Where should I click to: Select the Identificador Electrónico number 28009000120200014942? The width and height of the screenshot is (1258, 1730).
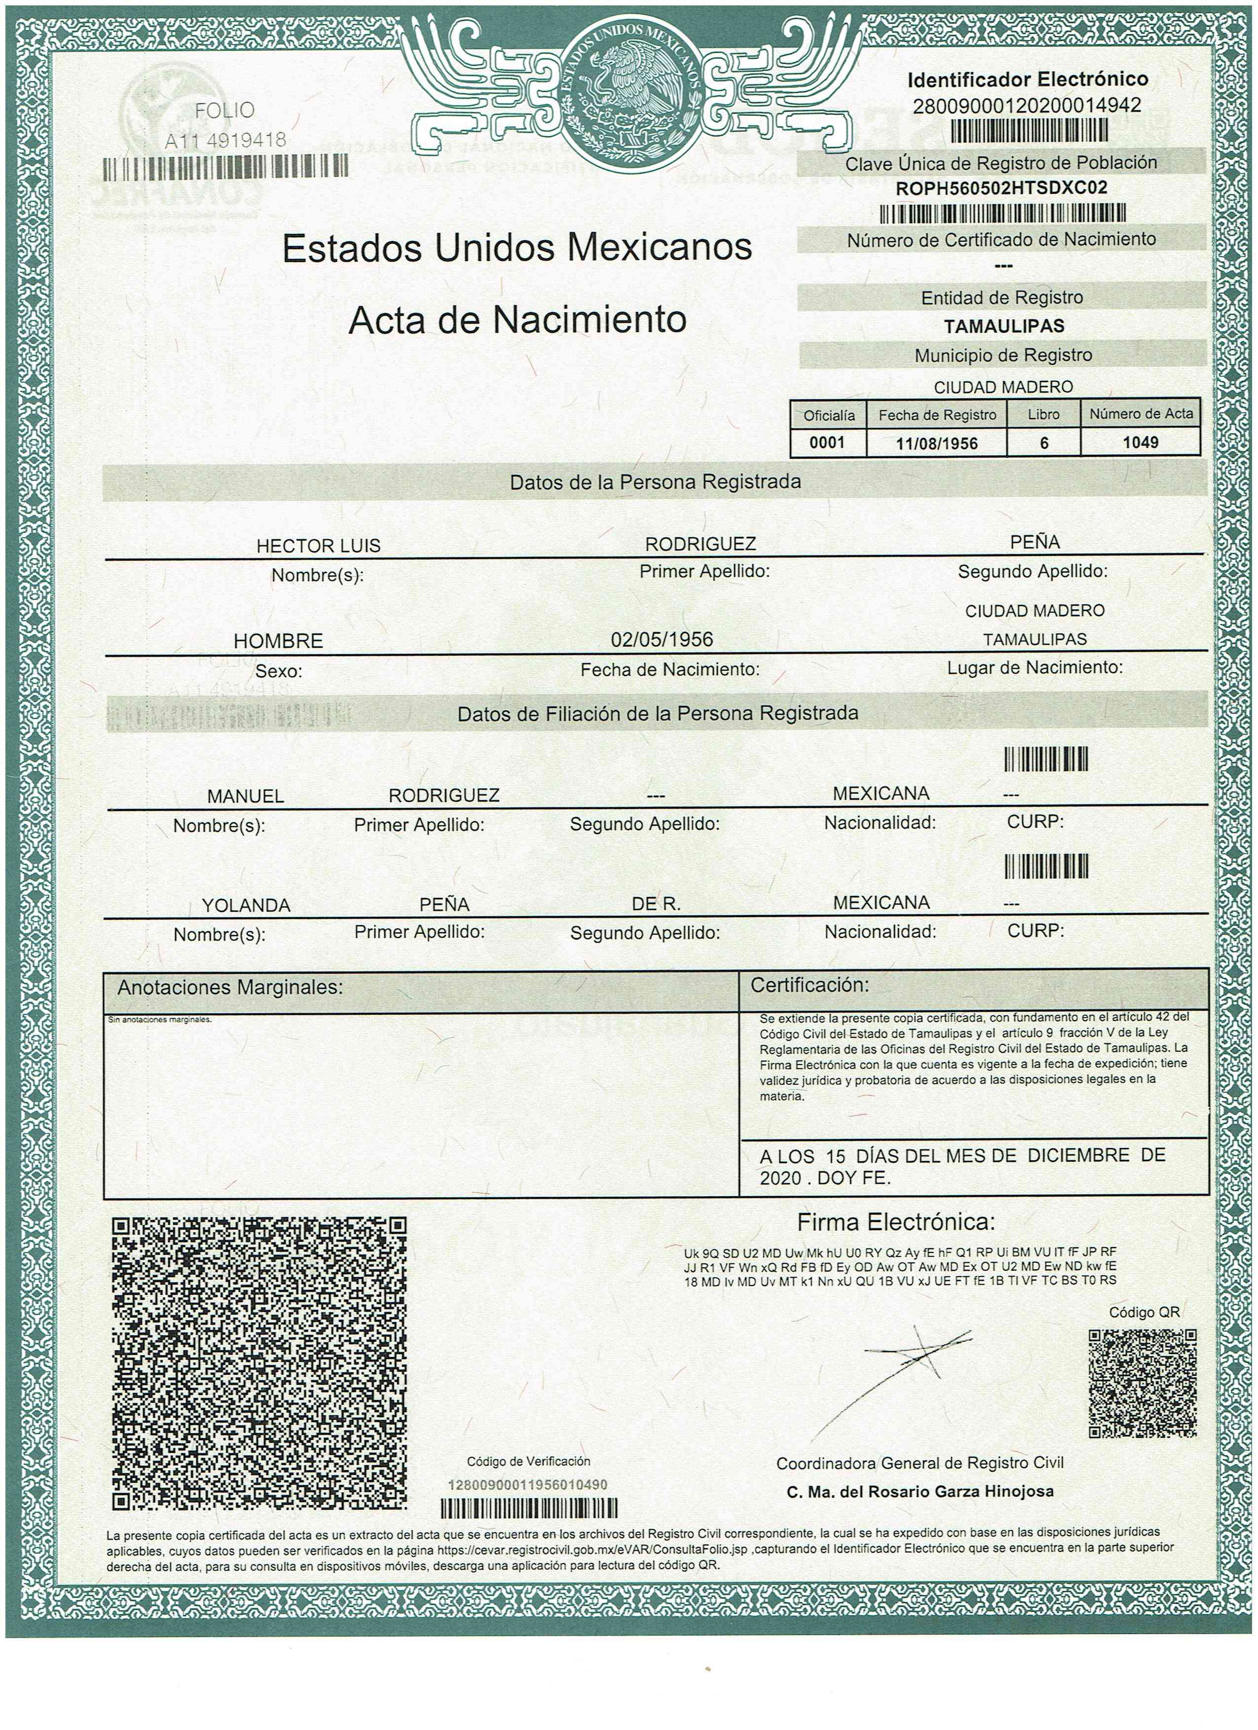click(1027, 105)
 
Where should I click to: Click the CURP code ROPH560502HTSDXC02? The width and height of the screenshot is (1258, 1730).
click(1001, 188)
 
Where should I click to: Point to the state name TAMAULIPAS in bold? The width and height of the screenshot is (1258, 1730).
click(1003, 326)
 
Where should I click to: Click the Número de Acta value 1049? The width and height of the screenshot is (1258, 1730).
click(1140, 442)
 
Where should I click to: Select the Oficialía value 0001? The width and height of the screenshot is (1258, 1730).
click(827, 442)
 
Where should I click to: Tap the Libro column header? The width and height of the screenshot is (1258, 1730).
click(1043, 415)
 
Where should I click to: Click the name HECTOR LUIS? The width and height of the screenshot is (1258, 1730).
click(318, 546)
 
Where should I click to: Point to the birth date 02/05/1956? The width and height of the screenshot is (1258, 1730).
click(662, 638)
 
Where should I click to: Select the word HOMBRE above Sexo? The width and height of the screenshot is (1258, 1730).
click(278, 641)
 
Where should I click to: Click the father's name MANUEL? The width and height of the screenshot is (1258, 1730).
click(246, 796)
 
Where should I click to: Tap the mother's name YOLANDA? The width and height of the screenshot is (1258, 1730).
click(246, 905)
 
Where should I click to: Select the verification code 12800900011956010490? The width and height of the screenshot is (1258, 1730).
click(527, 1486)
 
